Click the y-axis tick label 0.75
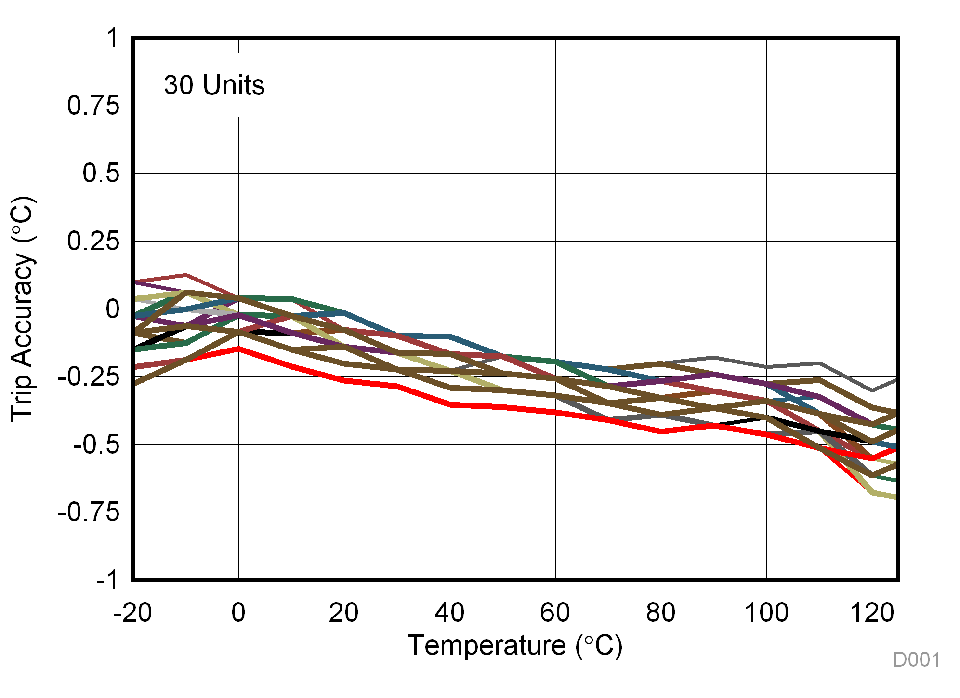(x=93, y=106)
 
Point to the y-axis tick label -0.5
(x=96, y=444)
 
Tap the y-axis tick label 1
(x=113, y=38)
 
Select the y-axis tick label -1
(x=107, y=580)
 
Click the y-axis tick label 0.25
(x=93, y=241)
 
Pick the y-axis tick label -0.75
(x=88, y=512)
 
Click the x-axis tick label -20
(x=132, y=613)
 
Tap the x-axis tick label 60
(x=555, y=613)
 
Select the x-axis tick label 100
(x=766, y=613)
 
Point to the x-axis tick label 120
(x=872, y=613)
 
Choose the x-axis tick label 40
(x=449, y=613)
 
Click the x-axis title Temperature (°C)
(x=515, y=645)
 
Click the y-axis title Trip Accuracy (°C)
(x=23, y=309)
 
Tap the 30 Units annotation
(x=214, y=85)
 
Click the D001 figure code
(x=916, y=659)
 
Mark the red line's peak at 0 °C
(x=238, y=348)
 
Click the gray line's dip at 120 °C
(x=872, y=390)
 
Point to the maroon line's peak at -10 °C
(x=186, y=275)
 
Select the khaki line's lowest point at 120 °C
(x=872, y=492)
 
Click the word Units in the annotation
(x=234, y=85)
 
